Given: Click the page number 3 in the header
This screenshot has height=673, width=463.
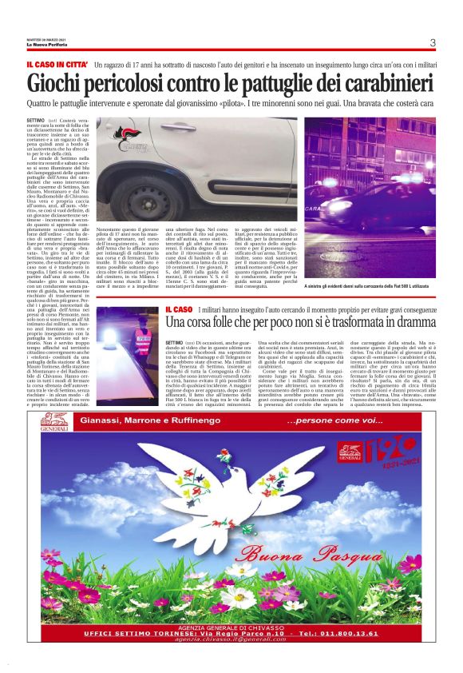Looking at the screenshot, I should pyautogui.click(x=432, y=43).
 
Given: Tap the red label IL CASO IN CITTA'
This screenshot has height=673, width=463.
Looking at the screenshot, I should pyautogui.click(x=56, y=64).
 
